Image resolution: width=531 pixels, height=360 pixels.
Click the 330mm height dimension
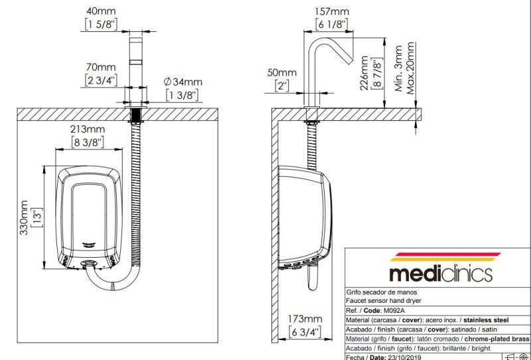coord(25,216)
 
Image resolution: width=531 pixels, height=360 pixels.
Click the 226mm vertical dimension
coord(364,73)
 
